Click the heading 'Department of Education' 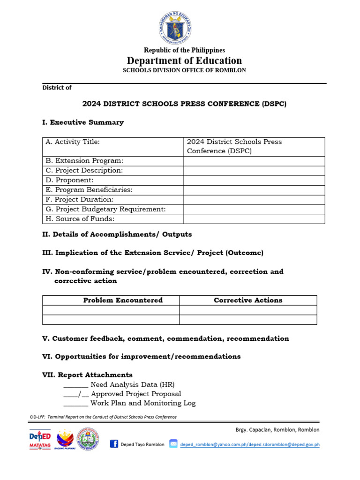(184, 60)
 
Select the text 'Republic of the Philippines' (184, 50)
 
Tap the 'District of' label (57, 88)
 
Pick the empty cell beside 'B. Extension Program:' (254, 161)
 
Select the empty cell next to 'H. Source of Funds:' (254, 219)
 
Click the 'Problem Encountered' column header (123, 300)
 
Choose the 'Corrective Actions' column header (248, 300)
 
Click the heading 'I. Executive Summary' (83, 122)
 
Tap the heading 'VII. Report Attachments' (87, 375)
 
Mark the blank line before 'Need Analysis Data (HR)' (75, 385)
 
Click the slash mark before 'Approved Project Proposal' (80, 394)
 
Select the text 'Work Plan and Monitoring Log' (143, 403)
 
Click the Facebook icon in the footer (114, 444)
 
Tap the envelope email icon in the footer (173, 444)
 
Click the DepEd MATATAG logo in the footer (40, 440)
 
